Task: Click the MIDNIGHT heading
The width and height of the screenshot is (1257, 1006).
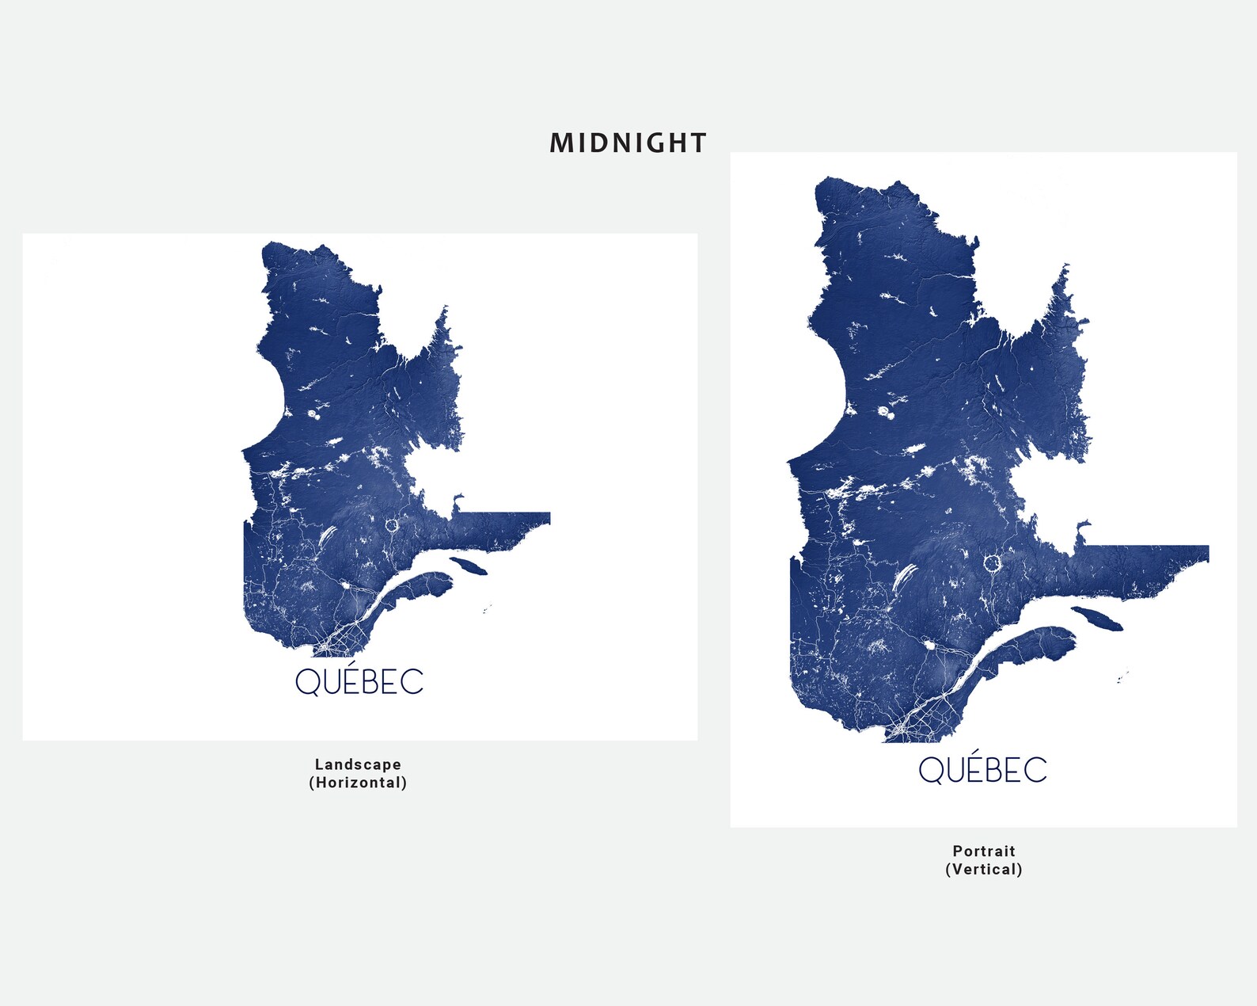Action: click(628, 143)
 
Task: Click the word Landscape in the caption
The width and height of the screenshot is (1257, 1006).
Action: click(358, 764)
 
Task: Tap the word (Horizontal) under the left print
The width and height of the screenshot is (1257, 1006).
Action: click(358, 783)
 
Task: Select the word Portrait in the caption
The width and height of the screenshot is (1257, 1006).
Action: click(984, 851)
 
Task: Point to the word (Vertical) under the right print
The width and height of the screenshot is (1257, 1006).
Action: click(984, 869)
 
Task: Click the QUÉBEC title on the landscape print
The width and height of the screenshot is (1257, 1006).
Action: click(359, 681)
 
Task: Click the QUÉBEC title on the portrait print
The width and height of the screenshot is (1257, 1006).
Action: click(982, 769)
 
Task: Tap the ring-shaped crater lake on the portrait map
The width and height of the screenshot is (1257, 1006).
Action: click(992, 563)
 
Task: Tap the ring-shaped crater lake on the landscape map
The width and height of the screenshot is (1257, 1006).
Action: click(392, 524)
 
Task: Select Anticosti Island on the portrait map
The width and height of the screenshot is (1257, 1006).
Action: click(1097, 618)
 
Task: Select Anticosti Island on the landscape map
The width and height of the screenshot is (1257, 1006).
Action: click(469, 566)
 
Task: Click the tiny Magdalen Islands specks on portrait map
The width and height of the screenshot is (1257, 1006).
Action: click(1122, 678)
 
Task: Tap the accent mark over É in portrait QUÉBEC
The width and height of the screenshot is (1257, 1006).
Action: click(975, 751)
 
